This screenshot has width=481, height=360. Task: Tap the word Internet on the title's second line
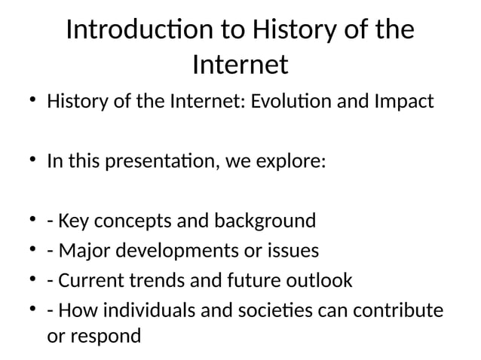240,65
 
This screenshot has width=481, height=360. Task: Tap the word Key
72,221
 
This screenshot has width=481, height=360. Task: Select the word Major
81,251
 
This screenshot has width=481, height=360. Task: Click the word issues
293,251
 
